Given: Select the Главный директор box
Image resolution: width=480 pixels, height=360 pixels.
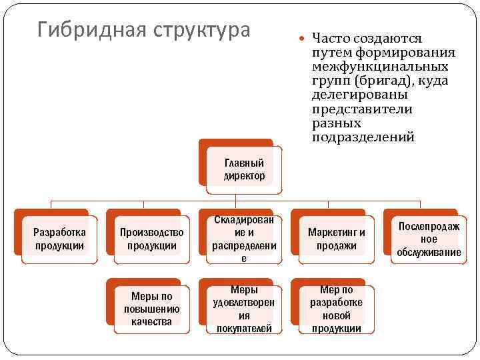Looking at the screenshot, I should tap(244, 169).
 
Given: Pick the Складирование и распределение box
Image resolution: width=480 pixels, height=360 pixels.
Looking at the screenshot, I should tap(244, 239).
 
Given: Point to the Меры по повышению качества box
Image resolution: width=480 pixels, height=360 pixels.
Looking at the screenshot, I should tap(152, 309).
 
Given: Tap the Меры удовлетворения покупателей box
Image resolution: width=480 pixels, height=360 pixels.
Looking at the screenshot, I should tap(244, 309).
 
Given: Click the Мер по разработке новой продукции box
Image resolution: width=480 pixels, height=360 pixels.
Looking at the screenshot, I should tap(337, 309).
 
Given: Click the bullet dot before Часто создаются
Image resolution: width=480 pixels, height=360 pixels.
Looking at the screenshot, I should tap(303, 39).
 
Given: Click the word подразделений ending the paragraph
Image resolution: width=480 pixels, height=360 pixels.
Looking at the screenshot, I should tap(363, 137).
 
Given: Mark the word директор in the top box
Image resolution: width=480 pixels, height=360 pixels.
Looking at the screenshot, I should tap(244, 176).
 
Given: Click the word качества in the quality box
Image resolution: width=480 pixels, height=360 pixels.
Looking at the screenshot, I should tap(152, 321).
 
